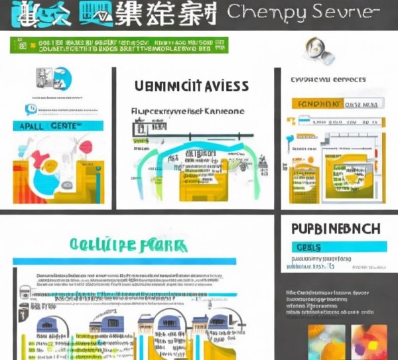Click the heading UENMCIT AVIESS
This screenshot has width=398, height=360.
tap(191, 86)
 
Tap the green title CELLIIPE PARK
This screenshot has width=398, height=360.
tap(127, 247)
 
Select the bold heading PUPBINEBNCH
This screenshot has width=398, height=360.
tap(336, 229)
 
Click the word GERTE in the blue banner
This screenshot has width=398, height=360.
tap(62, 125)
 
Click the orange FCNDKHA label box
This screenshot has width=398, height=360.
tap(318, 104)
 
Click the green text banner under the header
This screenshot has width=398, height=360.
tap(119, 44)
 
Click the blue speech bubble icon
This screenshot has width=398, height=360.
tap(31, 109)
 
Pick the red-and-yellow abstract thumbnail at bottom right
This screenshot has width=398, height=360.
tap(369, 341)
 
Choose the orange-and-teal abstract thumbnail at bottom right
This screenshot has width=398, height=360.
tap(326, 341)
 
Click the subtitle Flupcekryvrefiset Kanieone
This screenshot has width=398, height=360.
tap(187, 111)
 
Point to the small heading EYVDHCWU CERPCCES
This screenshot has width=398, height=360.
tap(328, 80)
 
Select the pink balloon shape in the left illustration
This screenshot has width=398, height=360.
tap(85, 147)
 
